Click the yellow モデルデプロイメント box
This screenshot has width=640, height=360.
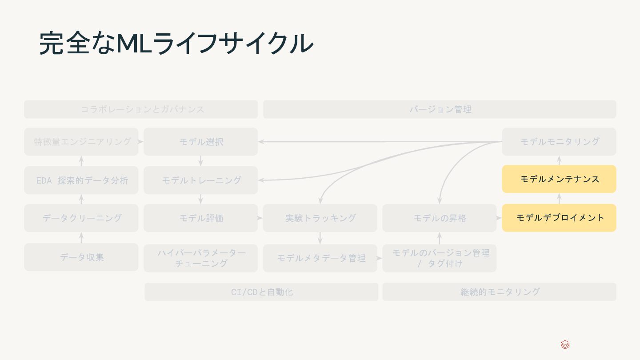click(x=559, y=218)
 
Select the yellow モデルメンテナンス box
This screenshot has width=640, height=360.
click(x=559, y=179)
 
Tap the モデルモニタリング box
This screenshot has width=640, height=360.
click(x=559, y=142)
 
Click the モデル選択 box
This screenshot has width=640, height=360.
click(x=200, y=142)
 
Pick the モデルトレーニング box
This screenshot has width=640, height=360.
click(x=200, y=180)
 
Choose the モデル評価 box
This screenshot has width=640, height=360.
click(x=200, y=218)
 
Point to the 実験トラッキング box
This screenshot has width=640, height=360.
click(x=320, y=218)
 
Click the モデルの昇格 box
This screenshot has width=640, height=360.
click(x=439, y=218)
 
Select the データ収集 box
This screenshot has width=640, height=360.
click(x=81, y=257)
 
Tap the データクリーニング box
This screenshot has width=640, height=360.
click(x=81, y=218)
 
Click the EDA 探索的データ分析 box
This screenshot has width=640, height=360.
click(x=81, y=180)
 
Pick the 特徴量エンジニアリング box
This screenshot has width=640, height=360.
click(x=81, y=142)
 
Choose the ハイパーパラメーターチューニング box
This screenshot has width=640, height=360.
click(x=200, y=258)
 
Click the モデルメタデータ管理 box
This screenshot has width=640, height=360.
click(x=320, y=258)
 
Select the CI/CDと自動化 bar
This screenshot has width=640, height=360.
click(x=261, y=292)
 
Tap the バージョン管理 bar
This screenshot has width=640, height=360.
click(x=440, y=109)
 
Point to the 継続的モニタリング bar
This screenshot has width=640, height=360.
click(x=499, y=292)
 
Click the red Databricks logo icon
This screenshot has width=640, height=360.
click(x=565, y=345)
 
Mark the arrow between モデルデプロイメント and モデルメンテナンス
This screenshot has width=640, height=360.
click(x=559, y=198)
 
